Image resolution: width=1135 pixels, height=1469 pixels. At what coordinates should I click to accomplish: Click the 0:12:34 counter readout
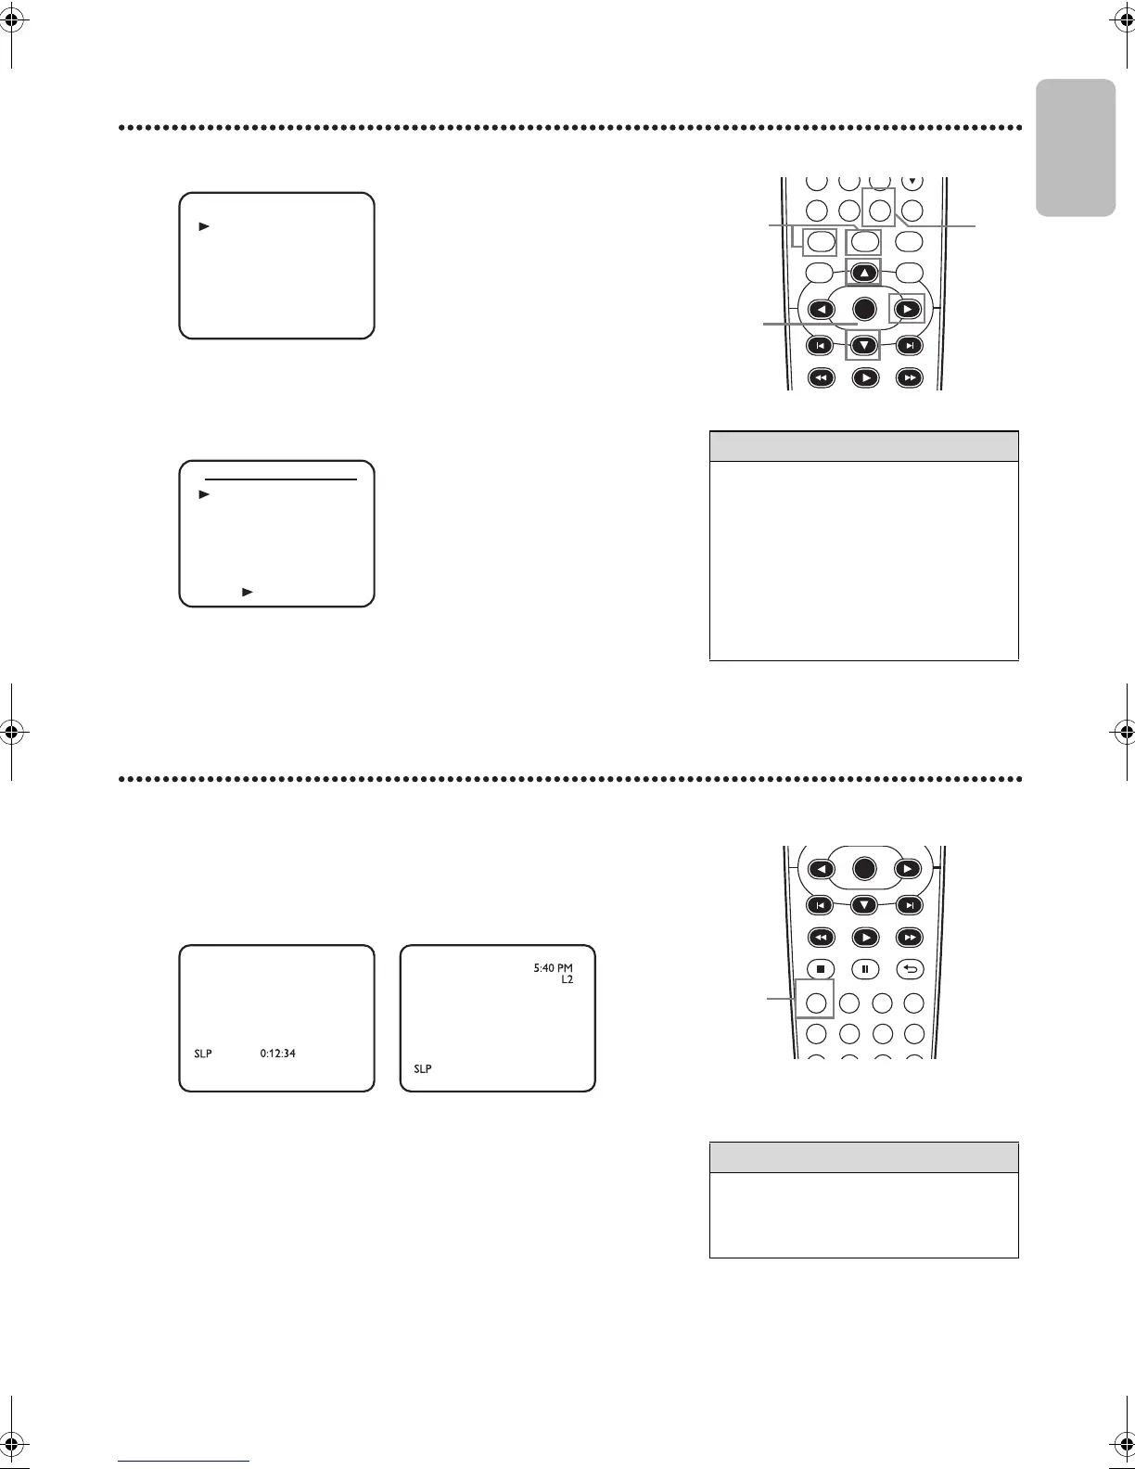[277, 1054]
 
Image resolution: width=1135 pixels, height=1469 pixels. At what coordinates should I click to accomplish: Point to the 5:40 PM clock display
[553, 968]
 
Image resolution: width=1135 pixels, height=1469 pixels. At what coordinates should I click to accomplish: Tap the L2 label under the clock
[567, 979]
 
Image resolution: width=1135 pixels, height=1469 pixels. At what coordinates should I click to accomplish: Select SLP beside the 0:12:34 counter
[203, 1054]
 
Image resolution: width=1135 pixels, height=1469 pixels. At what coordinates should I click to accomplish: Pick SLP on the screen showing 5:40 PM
[422, 1069]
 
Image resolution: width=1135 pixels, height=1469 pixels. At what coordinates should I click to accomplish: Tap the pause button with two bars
[864, 969]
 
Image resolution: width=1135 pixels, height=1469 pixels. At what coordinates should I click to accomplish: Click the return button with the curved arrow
[910, 969]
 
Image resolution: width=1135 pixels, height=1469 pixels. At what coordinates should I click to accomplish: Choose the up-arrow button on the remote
[863, 273]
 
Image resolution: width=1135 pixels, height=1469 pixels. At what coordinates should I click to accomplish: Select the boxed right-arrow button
[907, 309]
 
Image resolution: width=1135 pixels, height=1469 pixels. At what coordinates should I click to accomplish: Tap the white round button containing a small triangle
[912, 181]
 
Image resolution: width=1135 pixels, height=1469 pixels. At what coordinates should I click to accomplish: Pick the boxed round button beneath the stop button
[815, 1003]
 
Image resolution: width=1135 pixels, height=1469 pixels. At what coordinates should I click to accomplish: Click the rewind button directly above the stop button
[820, 936]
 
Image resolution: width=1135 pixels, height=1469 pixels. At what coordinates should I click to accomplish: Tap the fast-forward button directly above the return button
[910, 936]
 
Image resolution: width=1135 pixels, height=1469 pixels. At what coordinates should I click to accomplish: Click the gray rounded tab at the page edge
[1076, 147]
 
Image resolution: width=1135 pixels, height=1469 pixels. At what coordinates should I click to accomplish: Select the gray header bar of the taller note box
[863, 446]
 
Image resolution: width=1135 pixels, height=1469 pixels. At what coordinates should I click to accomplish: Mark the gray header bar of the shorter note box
[863, 1157]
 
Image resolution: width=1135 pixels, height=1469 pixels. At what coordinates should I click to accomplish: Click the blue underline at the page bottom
[184, 1461]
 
